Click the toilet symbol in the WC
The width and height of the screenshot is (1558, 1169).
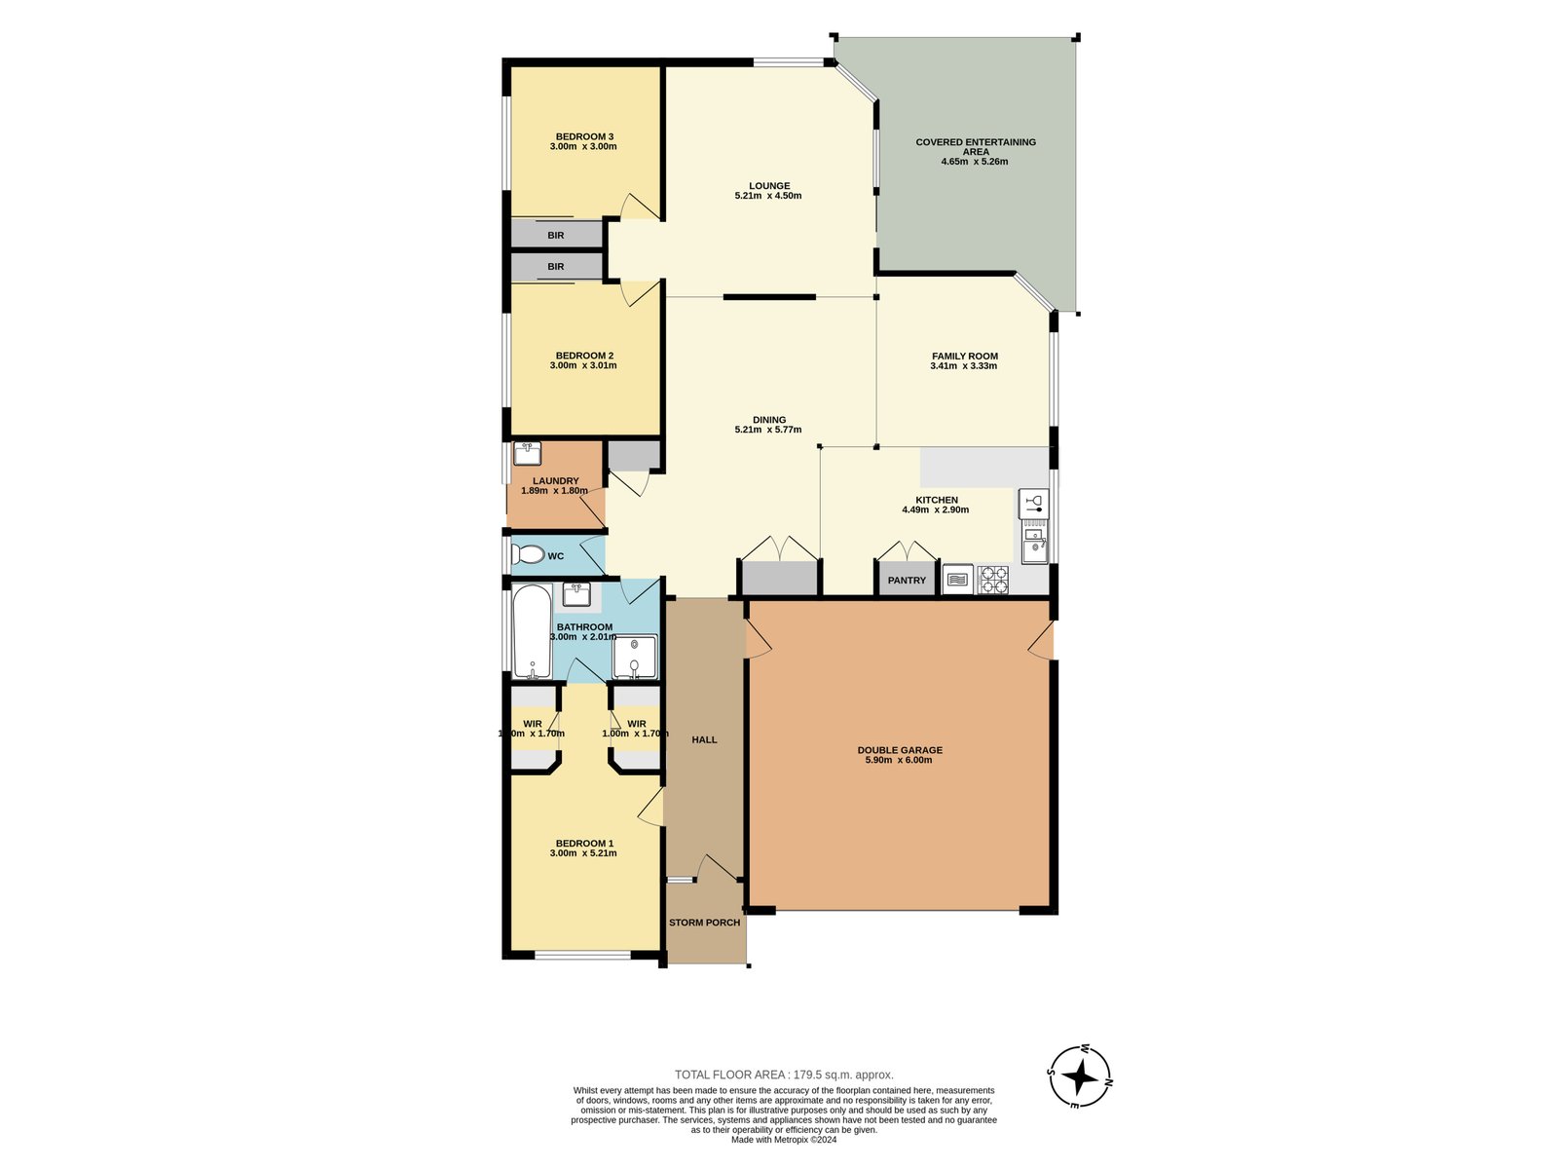[x=529, y=555]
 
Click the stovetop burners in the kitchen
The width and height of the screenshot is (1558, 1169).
[x=993, y=580]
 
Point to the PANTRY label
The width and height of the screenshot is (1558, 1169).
[x=907, y=581]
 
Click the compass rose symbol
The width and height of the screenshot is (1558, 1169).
[x=1080, y=1077]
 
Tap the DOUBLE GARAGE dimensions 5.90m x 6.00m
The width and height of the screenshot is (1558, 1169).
[x=899, y=760]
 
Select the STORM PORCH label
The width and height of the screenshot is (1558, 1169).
[x=704, y=923]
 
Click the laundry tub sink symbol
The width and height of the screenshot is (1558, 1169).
[x=527, y=454]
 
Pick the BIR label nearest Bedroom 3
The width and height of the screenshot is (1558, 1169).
[x=555, y=236]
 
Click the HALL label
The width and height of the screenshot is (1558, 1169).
[x=704, y=740]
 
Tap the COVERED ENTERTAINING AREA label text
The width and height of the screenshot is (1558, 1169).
[x=976, y=146]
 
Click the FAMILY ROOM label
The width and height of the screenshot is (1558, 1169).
[x=964, y=357]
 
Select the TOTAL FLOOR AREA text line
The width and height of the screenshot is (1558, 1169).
[x=784, y=1075]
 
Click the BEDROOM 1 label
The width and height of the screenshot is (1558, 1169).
[x=584, y=844]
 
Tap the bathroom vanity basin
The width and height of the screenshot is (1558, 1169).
[x=576, y=593]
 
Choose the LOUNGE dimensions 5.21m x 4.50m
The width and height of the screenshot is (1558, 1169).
[x=768, y=196]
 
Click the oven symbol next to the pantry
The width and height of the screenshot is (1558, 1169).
[x=957, y=580]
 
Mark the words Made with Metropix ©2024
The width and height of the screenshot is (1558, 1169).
[x=784, y=1140]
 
